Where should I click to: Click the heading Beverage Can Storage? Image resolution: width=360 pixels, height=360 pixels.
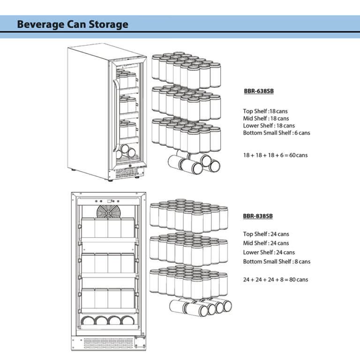coord(72,24)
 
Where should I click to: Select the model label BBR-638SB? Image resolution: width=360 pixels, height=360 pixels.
coord(259,92)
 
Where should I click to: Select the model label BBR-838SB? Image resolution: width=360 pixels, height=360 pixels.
coord(258,216)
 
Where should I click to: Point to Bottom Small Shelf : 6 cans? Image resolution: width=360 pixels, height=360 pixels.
coord(276,133)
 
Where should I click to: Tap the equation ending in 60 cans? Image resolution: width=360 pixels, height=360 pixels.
coord(275,155)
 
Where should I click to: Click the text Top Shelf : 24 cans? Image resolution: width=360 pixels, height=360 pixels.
coord(266,234)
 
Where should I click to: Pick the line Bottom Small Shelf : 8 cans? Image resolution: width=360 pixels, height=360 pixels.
coord(276,261)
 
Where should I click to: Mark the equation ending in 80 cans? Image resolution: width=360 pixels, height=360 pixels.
coord(276,279)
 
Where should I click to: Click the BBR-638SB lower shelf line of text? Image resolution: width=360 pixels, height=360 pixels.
coord(269,126)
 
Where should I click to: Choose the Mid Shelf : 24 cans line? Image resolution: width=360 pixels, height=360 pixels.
coord(266,243)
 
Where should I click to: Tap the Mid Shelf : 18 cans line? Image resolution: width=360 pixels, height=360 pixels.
coord(266,119)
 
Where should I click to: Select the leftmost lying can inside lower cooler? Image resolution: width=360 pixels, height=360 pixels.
coord(88,321)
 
